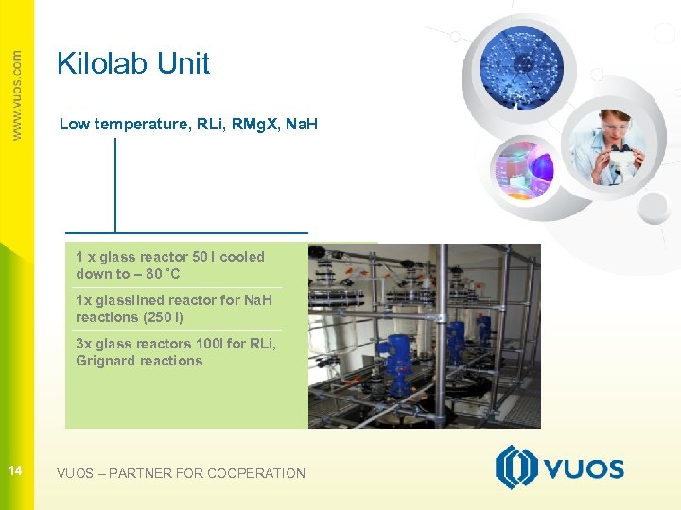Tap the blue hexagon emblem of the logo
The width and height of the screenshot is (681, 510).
pos(515,468)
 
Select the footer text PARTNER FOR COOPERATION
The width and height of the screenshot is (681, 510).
pos(207,473)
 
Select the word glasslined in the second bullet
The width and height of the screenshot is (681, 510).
pos(125,300)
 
